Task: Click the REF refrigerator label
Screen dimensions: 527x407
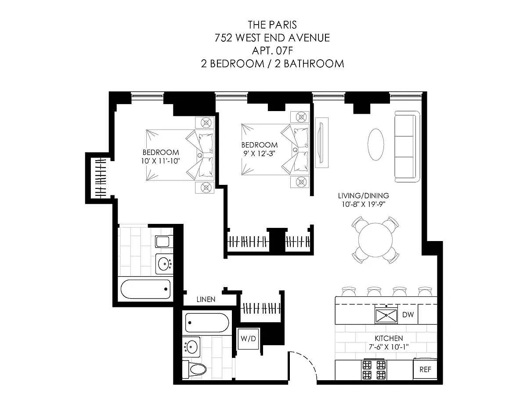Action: [x=425, y=369]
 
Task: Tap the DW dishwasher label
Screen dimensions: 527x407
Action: [x=408, y=315]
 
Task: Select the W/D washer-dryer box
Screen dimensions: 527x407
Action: [x=248, y=339]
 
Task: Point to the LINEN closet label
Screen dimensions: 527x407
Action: [x=206, y=299]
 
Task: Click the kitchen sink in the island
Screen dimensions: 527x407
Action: [x=386, y=315]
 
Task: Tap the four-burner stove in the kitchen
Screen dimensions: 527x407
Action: [x=374, y=370]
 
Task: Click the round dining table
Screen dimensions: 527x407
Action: [x=375, y=240]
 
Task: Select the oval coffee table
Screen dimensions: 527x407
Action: [x=375, y=144]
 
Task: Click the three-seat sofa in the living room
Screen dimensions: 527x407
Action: [x=407, y=146]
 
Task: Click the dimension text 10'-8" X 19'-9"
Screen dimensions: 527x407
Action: [x=364, y=205]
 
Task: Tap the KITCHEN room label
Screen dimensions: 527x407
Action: [x=389, y=338]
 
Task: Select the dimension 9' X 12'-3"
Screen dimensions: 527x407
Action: [x=260, y=154]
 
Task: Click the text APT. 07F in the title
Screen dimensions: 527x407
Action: [x=272, y=50]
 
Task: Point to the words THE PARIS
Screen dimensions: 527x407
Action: [x=272, y=25]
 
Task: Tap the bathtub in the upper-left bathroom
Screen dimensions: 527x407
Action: [x=145, y=289]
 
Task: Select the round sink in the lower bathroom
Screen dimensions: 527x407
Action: [x=191, y=347]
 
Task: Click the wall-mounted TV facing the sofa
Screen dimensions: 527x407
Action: [x=322, y=143]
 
